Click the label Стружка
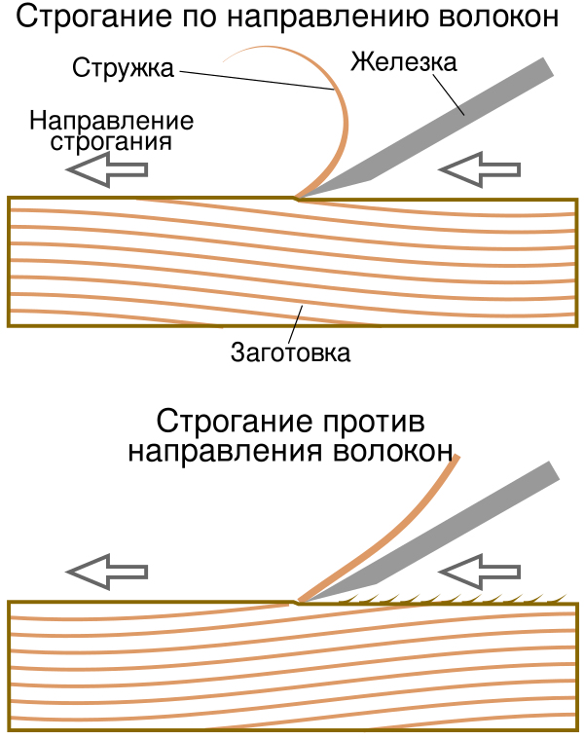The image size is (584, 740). point(124,68)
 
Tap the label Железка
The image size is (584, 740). point(403,63)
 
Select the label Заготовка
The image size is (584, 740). point(290,351)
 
